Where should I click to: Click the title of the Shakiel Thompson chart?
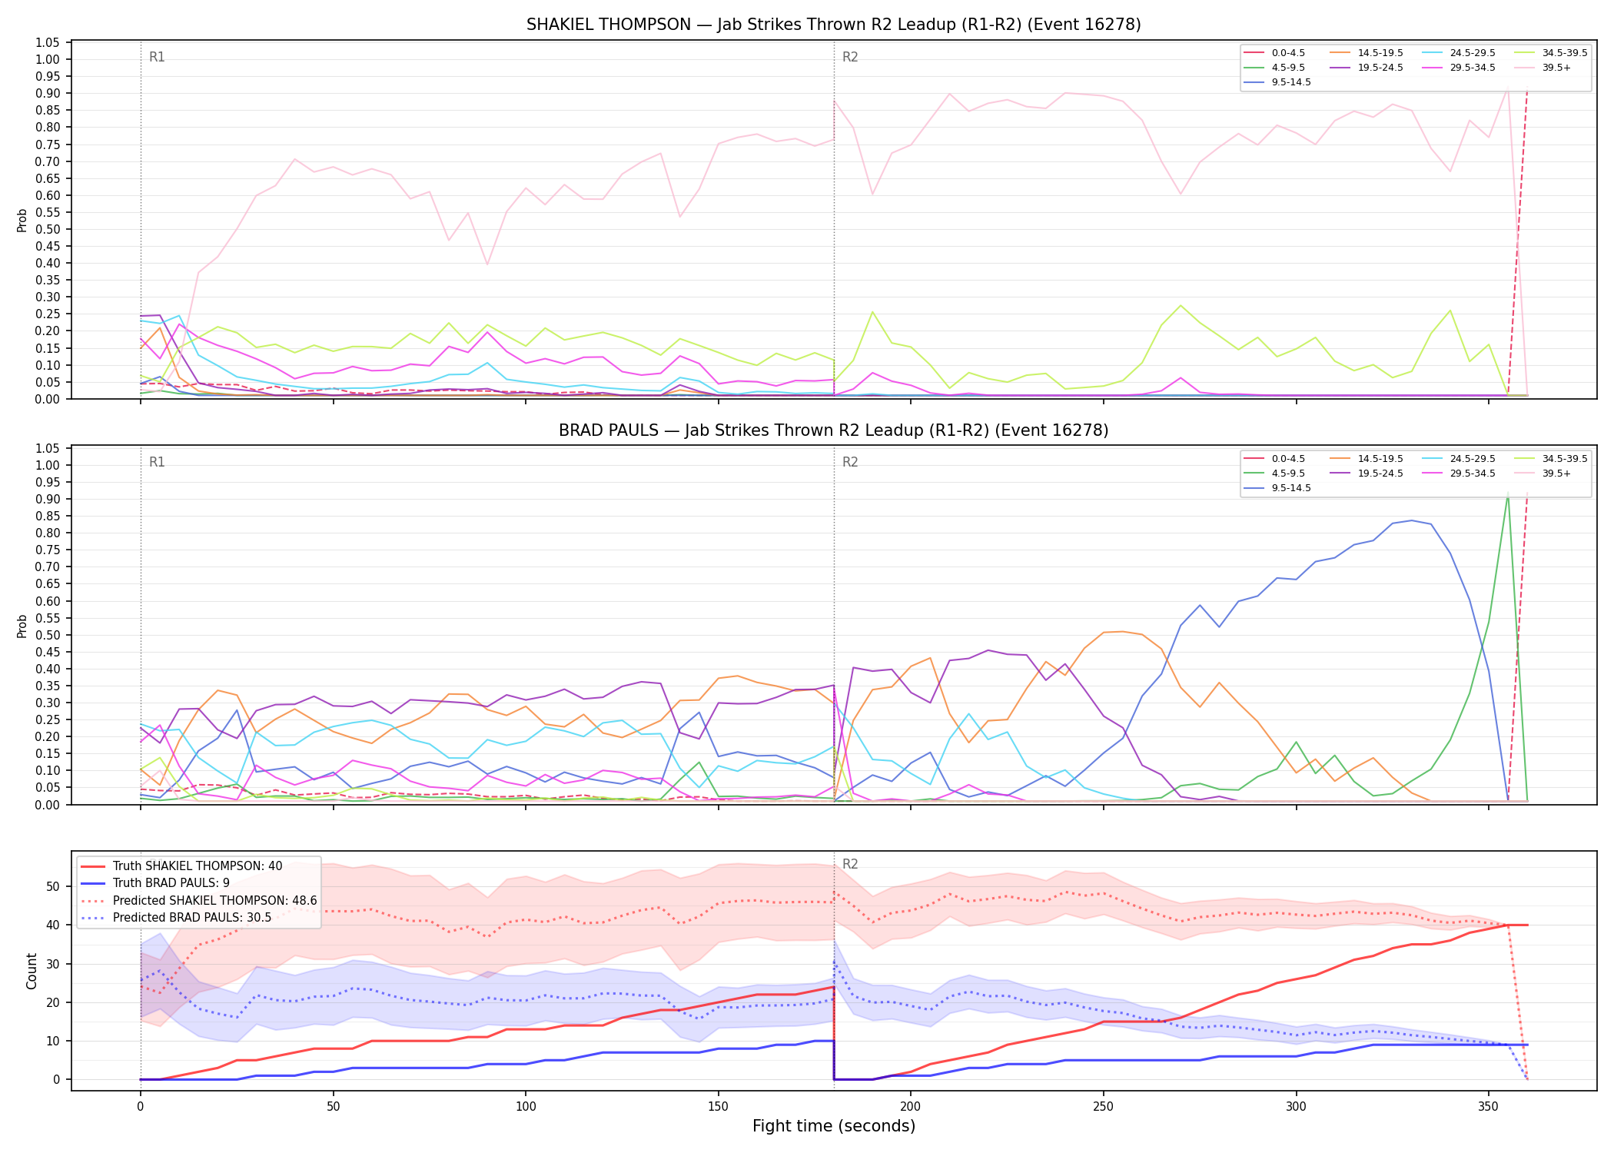coord(833,25)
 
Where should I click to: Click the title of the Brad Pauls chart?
coord(833,430)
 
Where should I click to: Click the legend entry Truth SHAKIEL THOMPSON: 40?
coord(181,866)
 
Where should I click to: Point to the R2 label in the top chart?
coord(850,58)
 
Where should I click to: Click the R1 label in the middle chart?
coord(157,463)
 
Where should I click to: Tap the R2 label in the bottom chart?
coord(850,865)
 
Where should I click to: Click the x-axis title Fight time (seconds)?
coord(834,1126)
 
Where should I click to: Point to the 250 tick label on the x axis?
coord(1103,1107)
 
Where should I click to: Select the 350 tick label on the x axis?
coord(1488,1107)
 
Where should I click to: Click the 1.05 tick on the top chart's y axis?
coord(48,43)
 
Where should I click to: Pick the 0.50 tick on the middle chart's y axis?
coord(48,636)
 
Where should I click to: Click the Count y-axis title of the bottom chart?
coord(32,972)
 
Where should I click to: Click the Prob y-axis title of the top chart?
coord(22,221)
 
